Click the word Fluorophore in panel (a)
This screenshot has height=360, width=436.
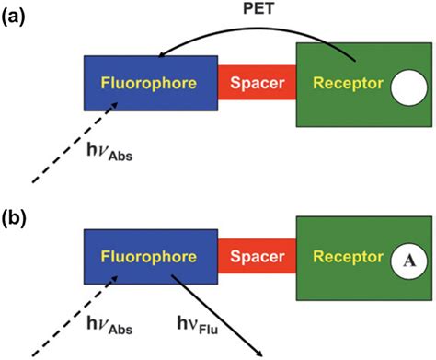pos(147,85)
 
